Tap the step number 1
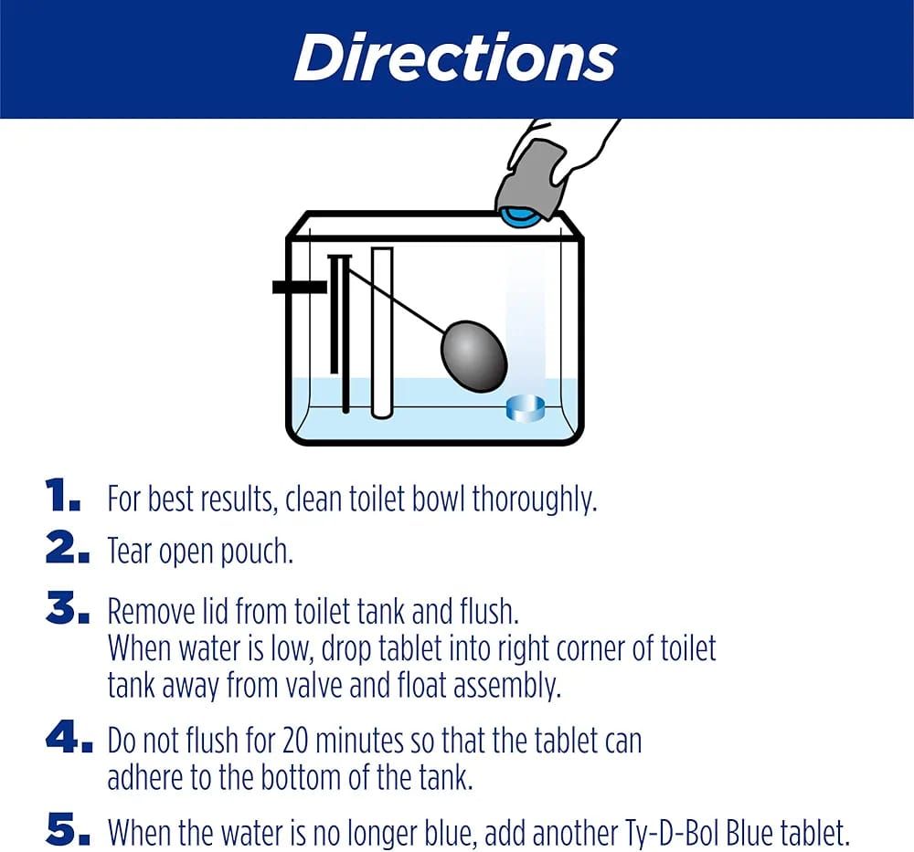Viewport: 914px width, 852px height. (x=62, y=499)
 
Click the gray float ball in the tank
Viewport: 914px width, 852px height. (x=473, y=355)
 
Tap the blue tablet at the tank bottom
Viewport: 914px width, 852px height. (x=525, y=407)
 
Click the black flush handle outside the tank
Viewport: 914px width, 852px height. (x=299, y=287)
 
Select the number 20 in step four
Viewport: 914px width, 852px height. (x=300, y=740)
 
